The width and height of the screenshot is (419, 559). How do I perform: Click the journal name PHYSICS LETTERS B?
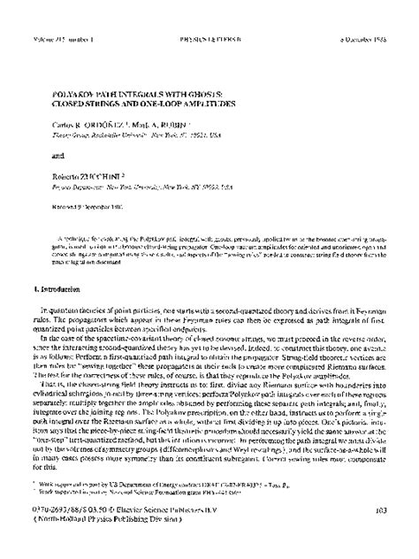click(209, 14)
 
